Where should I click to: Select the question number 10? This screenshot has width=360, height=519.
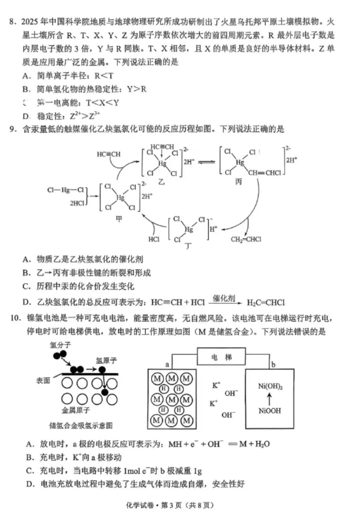pos(15,318)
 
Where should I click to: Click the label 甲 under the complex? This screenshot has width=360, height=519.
pos(119,219)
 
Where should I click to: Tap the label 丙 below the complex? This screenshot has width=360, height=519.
pos(239,182)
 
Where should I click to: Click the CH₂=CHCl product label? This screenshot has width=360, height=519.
pos(246,239)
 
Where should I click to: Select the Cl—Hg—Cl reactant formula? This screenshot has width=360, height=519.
pos(65,190)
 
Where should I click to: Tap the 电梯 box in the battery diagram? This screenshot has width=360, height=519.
pos(221,357)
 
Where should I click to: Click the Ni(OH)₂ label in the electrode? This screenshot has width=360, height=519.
pos(270,386)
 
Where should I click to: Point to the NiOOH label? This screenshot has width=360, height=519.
pos(270,410)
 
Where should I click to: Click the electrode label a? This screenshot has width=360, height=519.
pos(167,365)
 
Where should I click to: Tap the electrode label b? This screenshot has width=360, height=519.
pos(273,364)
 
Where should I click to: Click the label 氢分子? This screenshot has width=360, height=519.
pos(60,345)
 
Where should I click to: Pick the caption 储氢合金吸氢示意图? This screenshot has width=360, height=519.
pos(81,425)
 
